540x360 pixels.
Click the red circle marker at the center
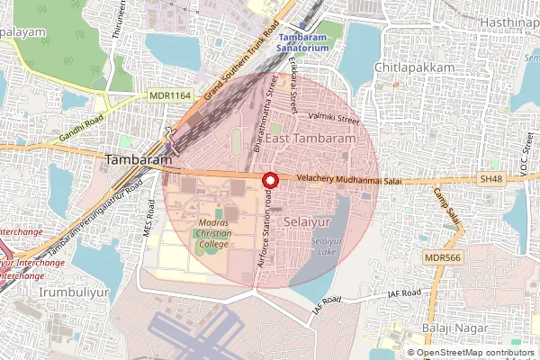click(268, 180)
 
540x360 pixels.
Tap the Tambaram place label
click(139, 159)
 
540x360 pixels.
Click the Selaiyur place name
click(305, 220)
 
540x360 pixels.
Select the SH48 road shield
click(491, 180)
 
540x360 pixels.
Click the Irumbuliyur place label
click(55, 292)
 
